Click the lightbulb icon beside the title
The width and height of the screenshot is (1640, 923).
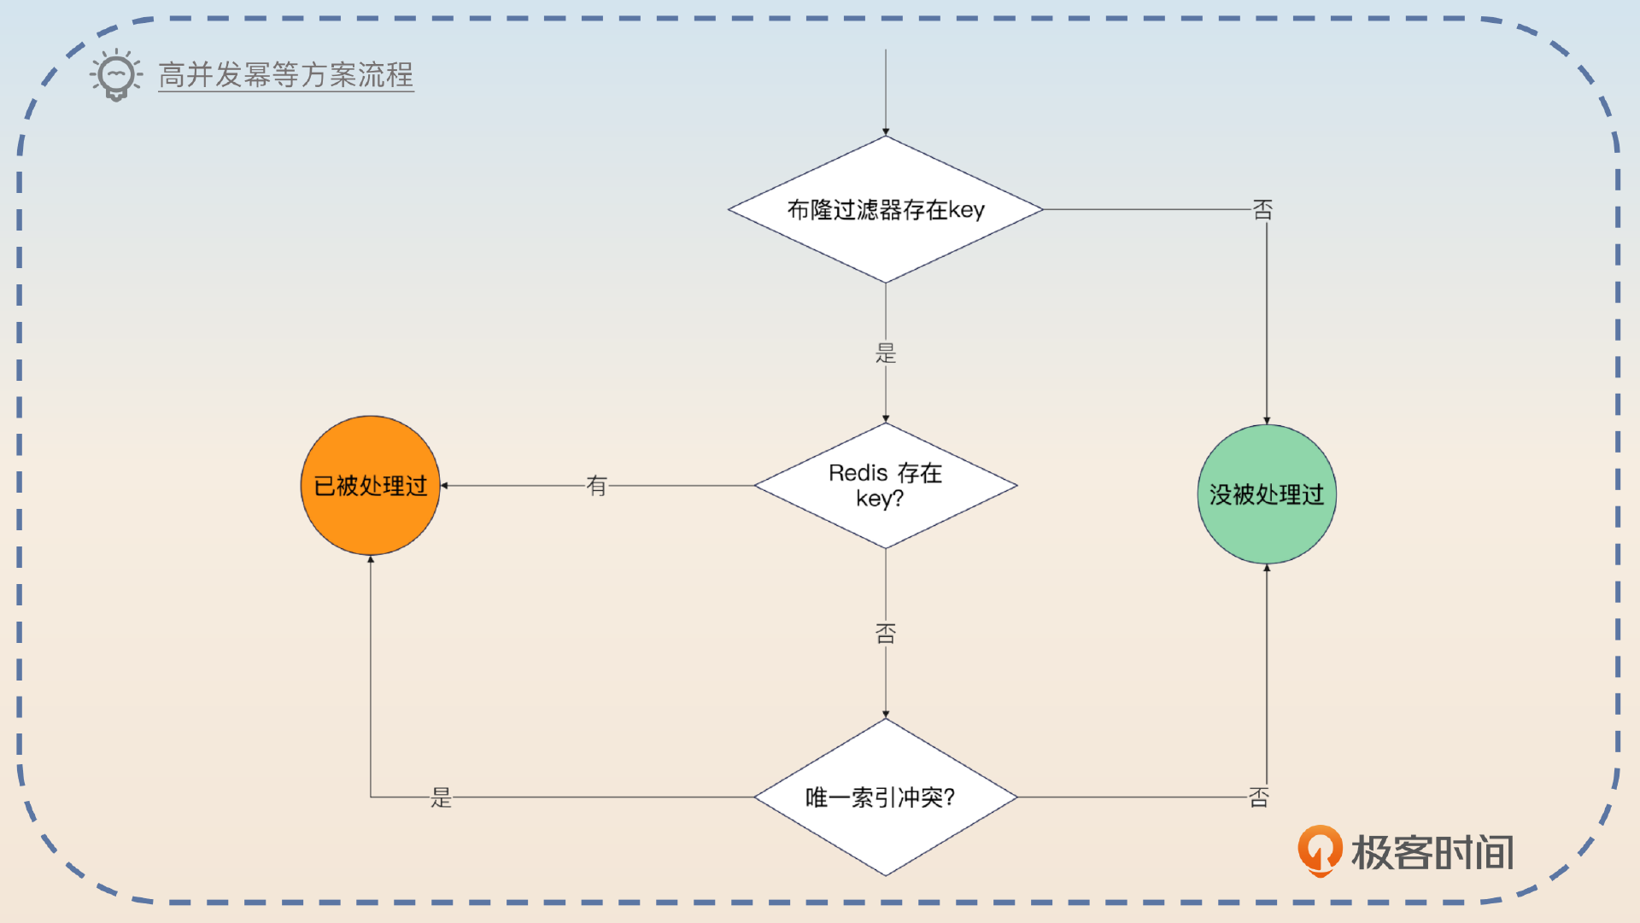tap(116, 75)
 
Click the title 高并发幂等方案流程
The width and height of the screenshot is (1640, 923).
tap(285, 75)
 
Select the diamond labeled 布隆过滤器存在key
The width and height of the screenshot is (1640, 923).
tap(886, 209)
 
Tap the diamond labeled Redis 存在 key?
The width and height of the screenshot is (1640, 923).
tap(886, 485)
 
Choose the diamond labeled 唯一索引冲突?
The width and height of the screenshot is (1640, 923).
tap(886, 797)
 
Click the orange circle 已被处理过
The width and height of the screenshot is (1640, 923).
tap(370, 485)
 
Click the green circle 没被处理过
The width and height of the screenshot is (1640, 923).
tap(1266, 494)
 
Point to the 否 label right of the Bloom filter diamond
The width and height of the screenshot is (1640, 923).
tap(1262, 209)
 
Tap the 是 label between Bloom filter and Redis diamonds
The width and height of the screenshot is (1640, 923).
tap(886, 353)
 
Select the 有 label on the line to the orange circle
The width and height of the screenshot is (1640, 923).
tap(596, 486)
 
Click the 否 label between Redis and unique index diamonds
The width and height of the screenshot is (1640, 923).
tap(886, 633)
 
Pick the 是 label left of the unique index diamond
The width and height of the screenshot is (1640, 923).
tap(441, 797)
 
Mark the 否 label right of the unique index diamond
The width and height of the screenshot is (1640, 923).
tap(1259, 797)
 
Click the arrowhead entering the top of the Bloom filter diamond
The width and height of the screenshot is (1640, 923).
tap(886, 132)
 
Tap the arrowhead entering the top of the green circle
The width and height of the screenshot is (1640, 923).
tap(1267, 420)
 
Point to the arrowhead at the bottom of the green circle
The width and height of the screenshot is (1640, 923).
tap(1267, 568)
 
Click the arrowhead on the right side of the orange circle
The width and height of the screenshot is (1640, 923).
tap(444, 486)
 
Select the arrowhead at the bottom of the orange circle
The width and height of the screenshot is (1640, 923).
tap(371, 559)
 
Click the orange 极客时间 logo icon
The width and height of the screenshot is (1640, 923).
tap(1320, 850)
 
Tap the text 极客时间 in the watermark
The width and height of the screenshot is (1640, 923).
tap(1432, 852)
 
